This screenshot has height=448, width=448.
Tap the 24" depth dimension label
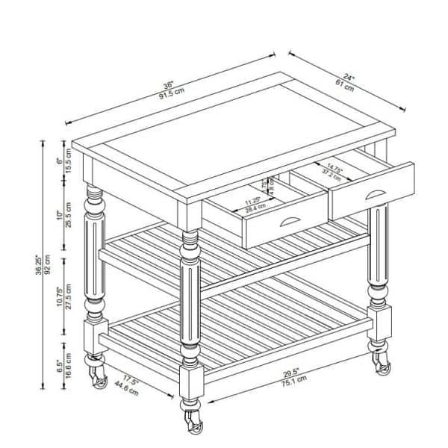click(x=349, y=75)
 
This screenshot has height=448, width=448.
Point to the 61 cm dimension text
click(x=343, y=84)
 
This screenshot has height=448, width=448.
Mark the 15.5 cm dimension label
click(x=68, y=160)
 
